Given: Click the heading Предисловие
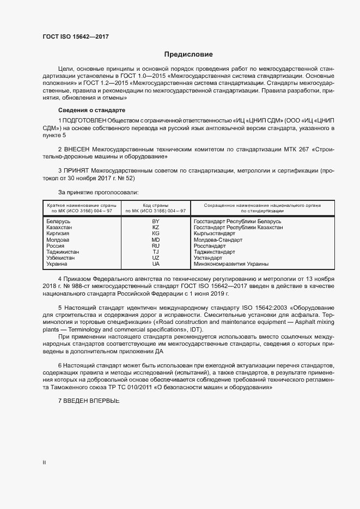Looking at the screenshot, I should pyautogui.click(x=189, y=54).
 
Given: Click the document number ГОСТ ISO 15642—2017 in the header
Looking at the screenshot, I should pyautogui.click(x=76, y=36).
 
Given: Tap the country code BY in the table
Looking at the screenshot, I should pyautogui.click(x=155, y=222).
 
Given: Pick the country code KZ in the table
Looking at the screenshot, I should pyautogui.click(x=155, y=228).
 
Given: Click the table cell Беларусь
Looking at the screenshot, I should pyautogui.click(x=59, y=222).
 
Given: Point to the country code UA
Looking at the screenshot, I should pyautogui.click(x=155, y=264).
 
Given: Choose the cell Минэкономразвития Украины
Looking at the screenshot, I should pyautogui.click(x=231, y=264).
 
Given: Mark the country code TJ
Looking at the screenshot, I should pyautogui.click(x=155, y=252).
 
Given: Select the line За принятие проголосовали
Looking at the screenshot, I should pyautogui.click(x=98, y=192).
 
